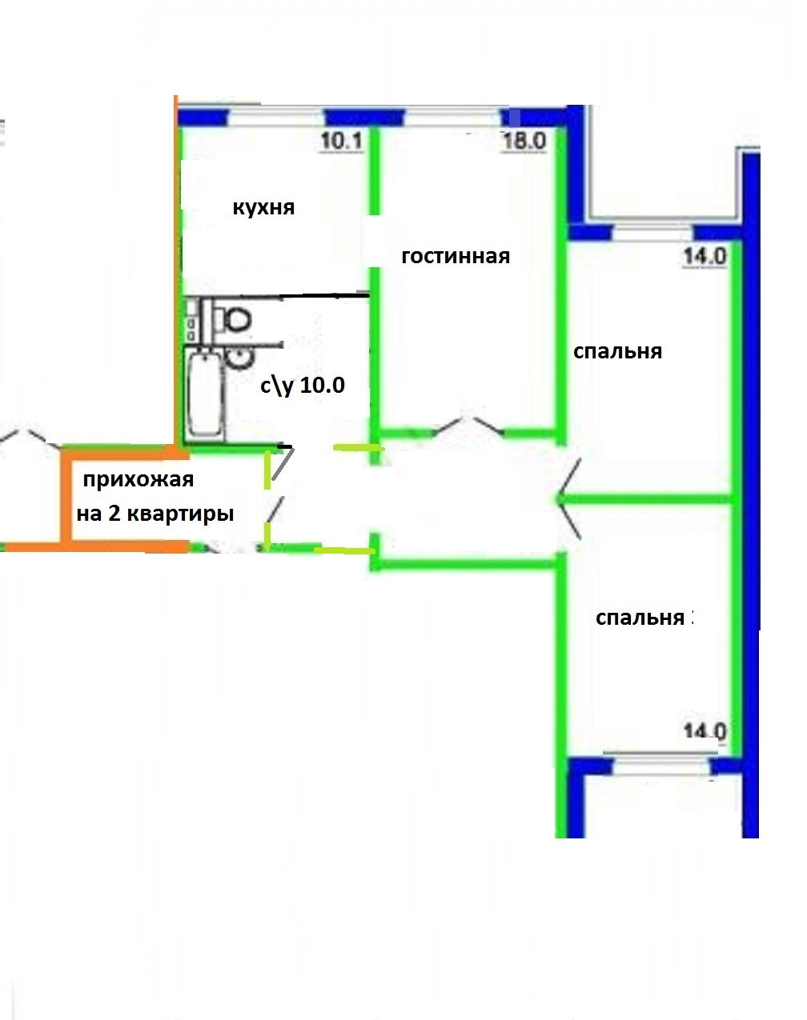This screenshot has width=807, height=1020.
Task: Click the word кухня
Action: [263, 208]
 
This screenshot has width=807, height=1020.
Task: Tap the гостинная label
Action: [455, 257]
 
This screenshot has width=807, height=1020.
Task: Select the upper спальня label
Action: [617, 352]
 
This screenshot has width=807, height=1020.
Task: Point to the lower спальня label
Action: [640, 618]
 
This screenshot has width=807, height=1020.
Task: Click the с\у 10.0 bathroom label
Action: [302, 386]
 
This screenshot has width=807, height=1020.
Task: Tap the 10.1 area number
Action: [342, 142]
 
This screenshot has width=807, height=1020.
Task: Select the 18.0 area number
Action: [524, 142]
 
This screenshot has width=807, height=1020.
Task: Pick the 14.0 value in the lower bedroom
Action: [705, 731]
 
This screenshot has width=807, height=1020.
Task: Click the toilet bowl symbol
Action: [235, 320]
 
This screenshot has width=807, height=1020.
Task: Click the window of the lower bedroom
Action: [657, 765]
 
